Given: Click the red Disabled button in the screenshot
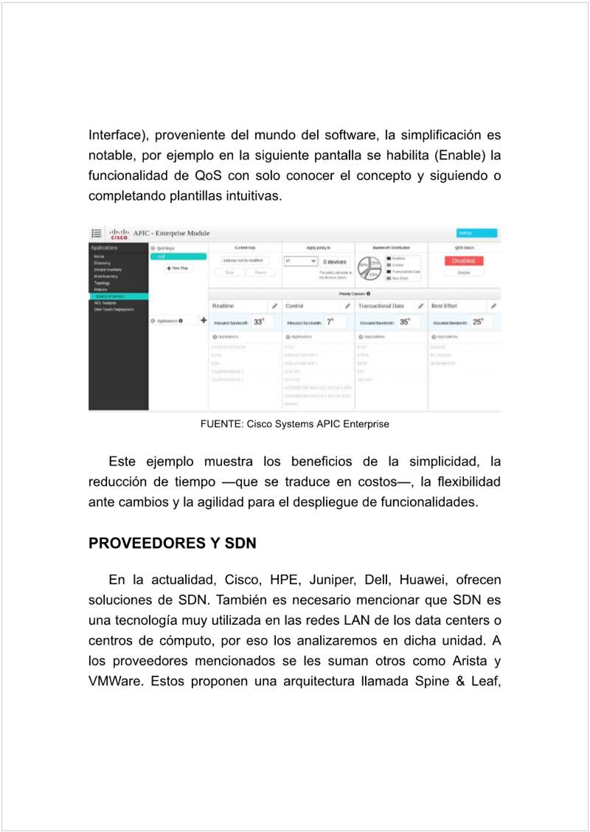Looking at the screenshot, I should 464,261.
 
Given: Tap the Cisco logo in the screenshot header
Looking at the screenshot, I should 119,234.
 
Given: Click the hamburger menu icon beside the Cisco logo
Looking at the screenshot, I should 97,233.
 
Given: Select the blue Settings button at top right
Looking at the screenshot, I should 476,233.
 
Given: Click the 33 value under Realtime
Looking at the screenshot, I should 258,322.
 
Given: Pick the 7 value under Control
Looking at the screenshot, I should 330,322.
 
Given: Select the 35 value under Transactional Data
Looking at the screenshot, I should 404,322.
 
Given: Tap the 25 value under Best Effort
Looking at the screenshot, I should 477,322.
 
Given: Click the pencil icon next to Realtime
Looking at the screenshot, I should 274,305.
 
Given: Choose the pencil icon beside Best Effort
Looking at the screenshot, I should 493,305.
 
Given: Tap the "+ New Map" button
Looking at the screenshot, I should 177,268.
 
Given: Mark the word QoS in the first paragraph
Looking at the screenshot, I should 204,176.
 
